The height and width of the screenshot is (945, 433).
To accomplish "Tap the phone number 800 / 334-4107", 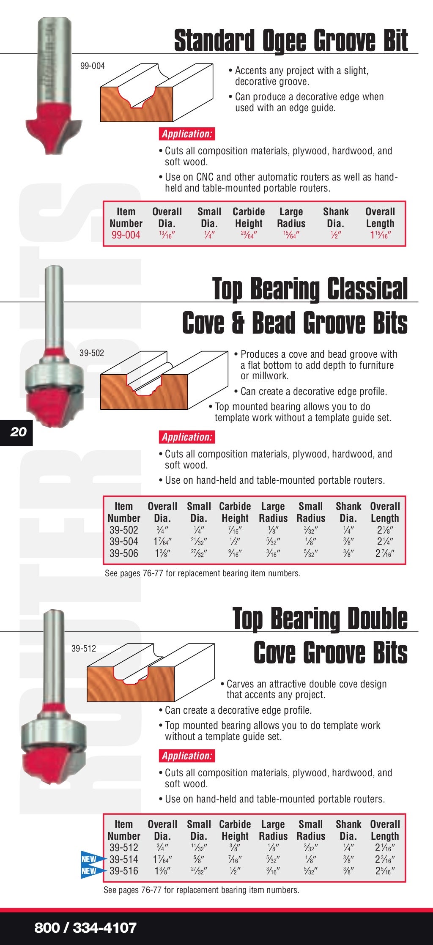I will coord(85,928).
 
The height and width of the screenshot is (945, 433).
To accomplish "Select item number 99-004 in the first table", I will coord(126,235).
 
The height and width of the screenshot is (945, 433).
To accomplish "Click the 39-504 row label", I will coord(123,542).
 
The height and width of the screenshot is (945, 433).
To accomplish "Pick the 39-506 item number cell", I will coord(123,553).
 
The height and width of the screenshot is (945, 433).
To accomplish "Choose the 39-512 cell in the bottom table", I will coord(123,848).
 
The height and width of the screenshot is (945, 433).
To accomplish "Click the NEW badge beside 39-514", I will coord(90,860).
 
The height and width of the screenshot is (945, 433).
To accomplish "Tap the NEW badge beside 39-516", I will coord(90,871).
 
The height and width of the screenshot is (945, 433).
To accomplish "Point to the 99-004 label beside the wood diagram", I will coord(92,66).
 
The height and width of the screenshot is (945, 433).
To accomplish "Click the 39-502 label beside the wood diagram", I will coord(91,353).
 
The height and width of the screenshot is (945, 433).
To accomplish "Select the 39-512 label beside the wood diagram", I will coord(83,649).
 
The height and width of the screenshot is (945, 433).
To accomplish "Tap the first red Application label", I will coord(187,134).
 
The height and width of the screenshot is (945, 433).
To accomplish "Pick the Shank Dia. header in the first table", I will coord(336,217).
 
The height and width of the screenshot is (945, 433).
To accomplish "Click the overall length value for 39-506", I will coord(385,553).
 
